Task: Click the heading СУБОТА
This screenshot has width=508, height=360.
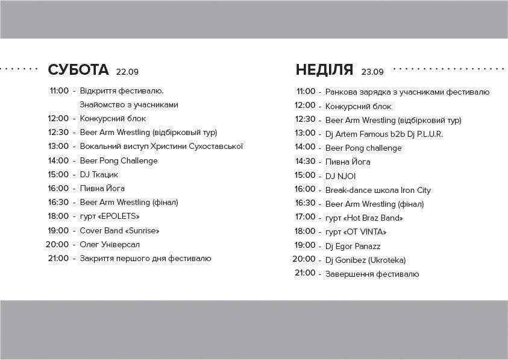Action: pos(78,70)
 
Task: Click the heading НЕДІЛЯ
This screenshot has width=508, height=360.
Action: pos(324,70)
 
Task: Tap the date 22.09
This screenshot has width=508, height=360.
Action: pos(127,72)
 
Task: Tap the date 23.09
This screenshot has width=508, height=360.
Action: pos(372,72)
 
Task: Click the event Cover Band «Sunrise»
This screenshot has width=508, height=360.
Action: pos(119,230)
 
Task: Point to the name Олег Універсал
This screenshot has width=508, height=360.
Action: pos(110,244)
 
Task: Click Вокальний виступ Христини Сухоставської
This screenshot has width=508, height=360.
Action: pos(161,147)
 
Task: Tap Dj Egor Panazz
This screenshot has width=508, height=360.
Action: pos(353,246)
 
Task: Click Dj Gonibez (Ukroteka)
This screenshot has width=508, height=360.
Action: pos(365,260)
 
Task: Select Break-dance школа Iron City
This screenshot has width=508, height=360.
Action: pos(378,190)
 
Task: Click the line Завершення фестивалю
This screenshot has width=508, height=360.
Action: pos(372,274)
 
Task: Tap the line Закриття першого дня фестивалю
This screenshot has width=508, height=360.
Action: pos(145,259)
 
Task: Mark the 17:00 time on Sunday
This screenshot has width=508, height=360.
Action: pos(305,217)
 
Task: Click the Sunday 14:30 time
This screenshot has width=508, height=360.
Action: pos(305,161)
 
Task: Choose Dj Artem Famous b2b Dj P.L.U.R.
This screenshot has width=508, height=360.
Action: pos(384,134)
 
